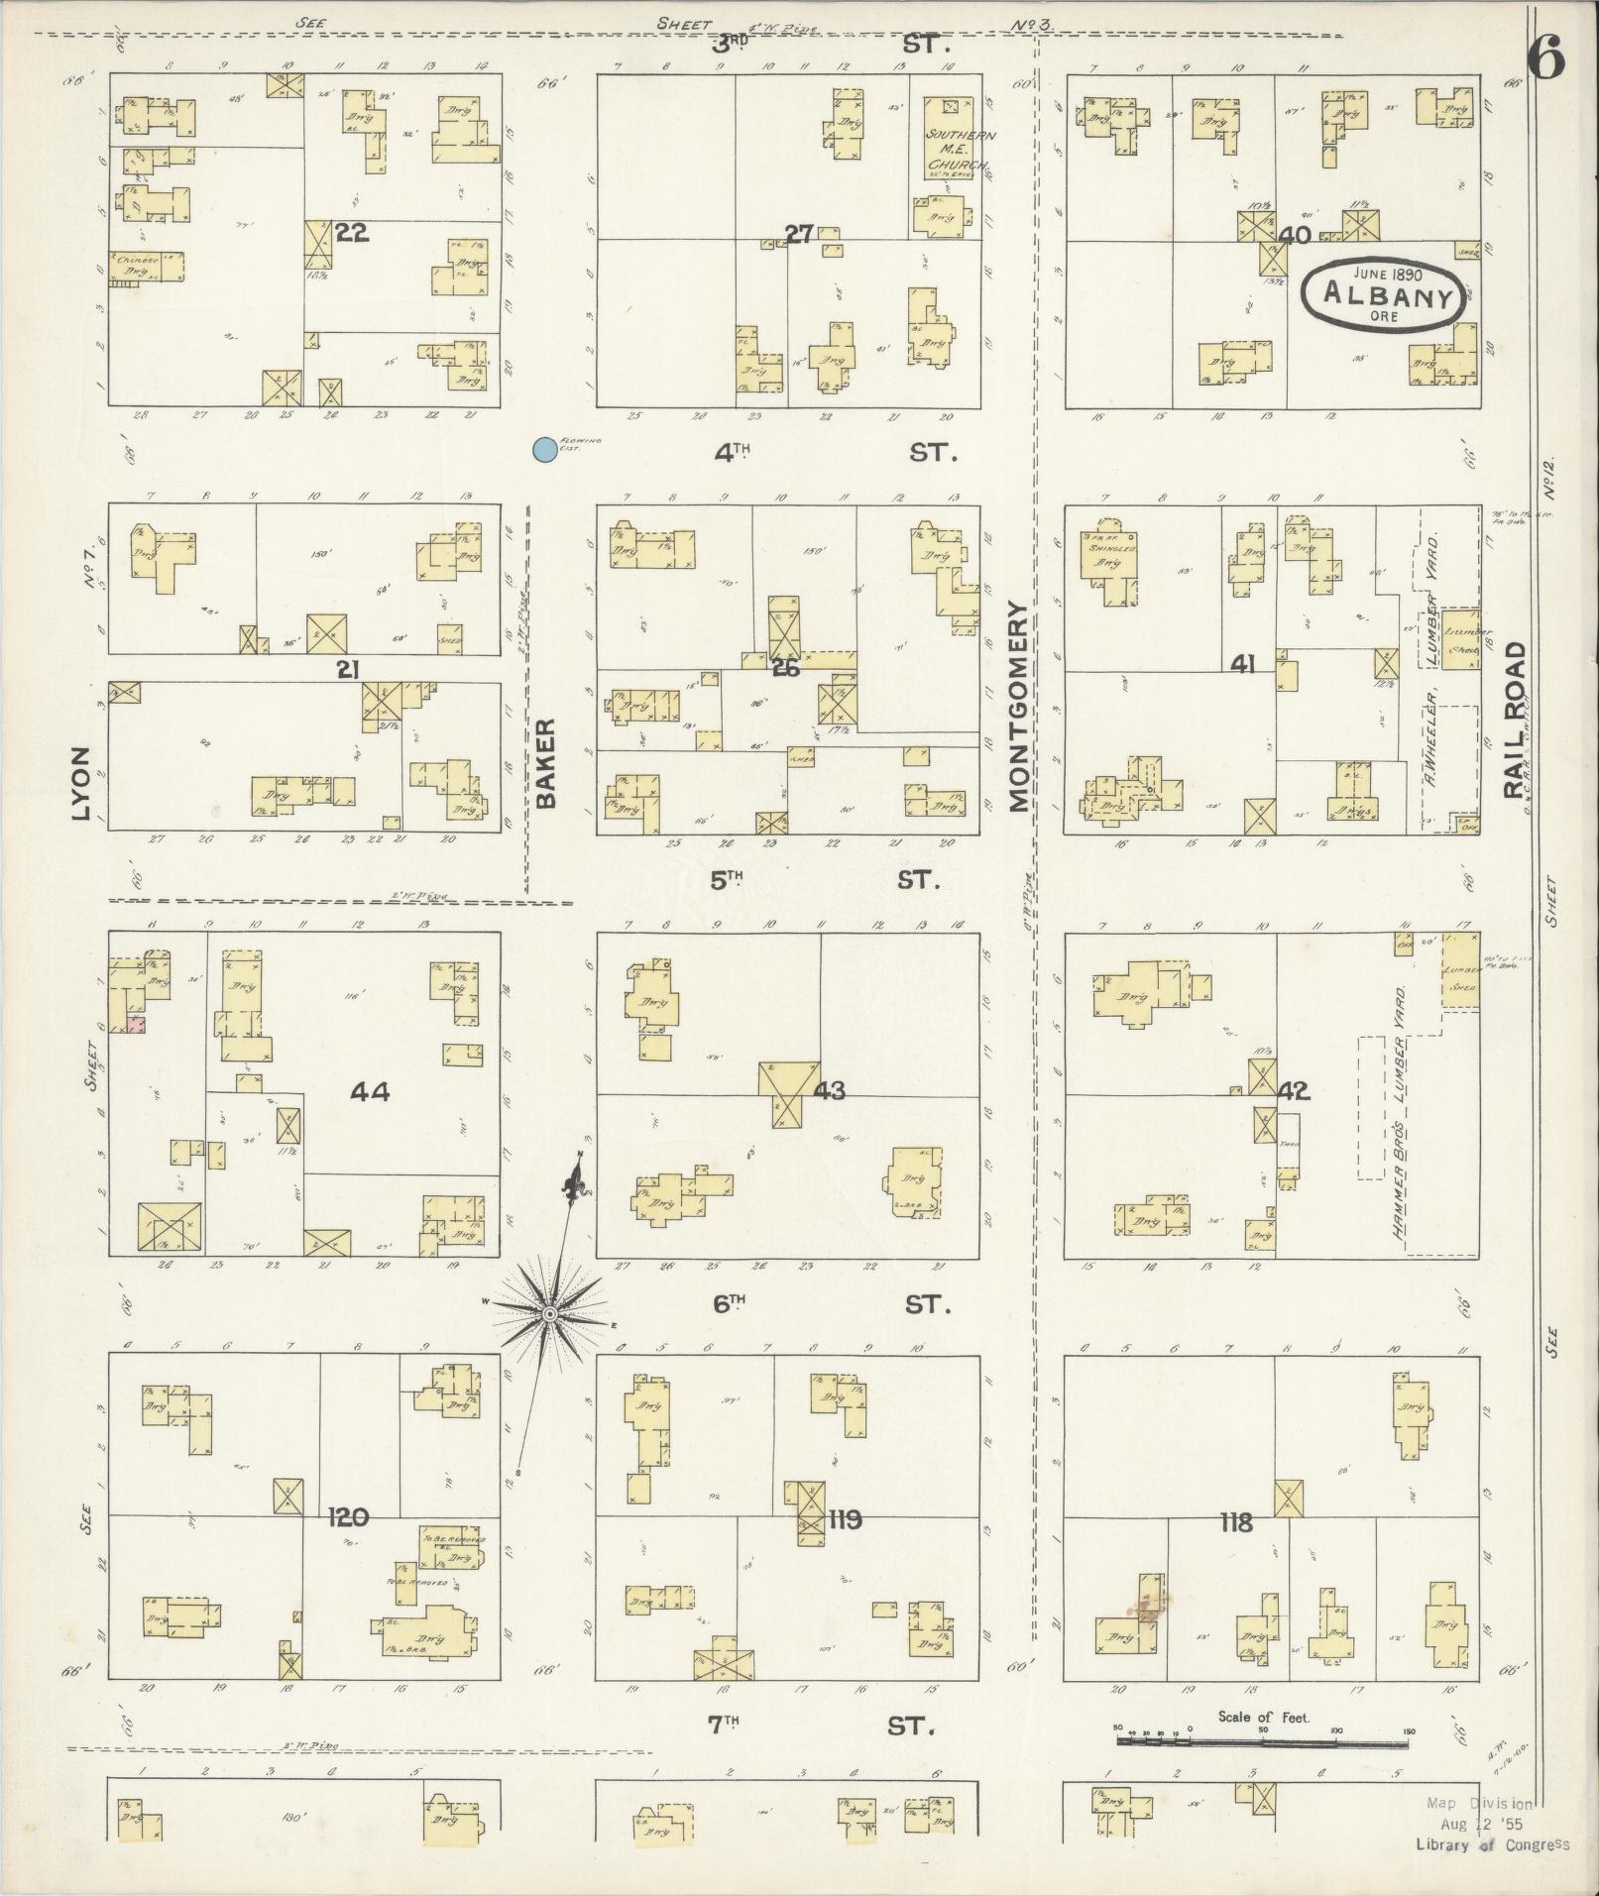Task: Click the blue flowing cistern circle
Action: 543,450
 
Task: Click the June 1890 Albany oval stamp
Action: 1383,293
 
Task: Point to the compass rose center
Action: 548,1313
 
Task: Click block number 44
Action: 369,1092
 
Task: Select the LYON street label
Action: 81,783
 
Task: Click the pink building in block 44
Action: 136,1025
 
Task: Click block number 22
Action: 351,233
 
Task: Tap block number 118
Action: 1237,1522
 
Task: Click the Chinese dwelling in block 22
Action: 146,268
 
